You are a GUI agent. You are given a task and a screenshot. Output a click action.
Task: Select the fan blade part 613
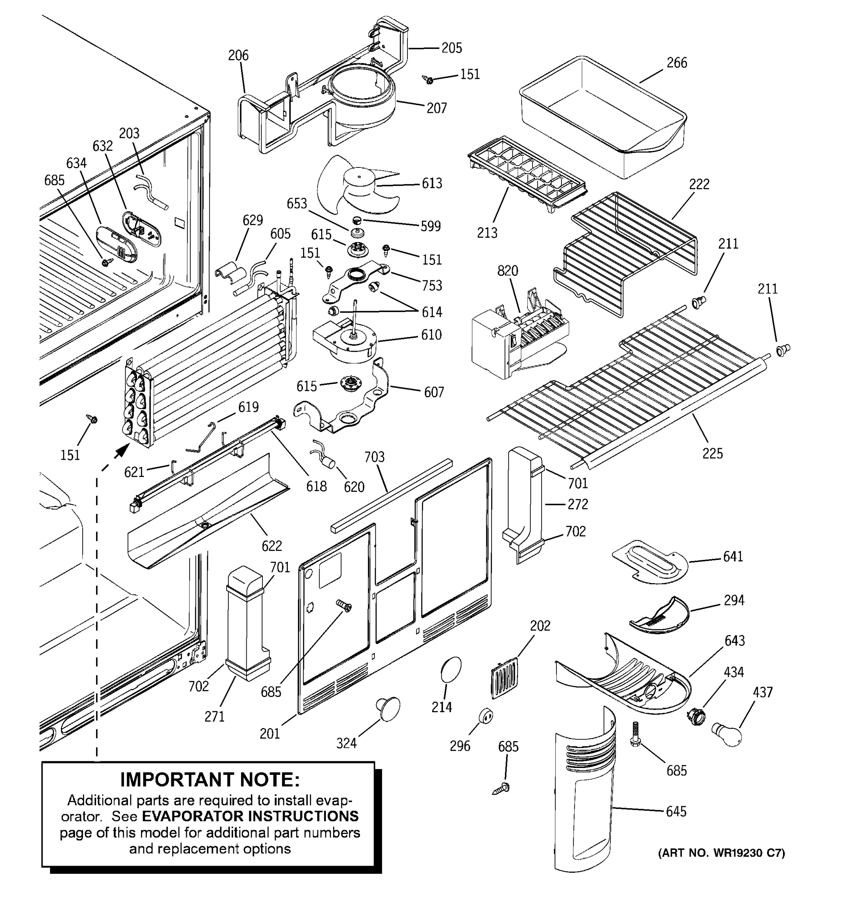click(357, 185)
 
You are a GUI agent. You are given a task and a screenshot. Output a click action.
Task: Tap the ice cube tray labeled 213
click(526, 178)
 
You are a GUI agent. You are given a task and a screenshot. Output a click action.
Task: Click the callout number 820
click(508, 271)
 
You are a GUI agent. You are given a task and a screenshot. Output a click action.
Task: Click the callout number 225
click(712, 453)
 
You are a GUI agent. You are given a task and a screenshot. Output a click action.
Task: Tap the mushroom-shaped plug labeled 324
click(388, 708)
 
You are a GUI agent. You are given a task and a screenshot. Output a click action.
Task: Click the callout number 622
click(272, 546)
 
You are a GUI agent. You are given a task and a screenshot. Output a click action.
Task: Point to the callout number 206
click(238, 55)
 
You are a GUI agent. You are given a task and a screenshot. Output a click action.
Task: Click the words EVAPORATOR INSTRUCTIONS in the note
click(250, 816)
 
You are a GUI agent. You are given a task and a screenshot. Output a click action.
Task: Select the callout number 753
click(432, 285)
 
